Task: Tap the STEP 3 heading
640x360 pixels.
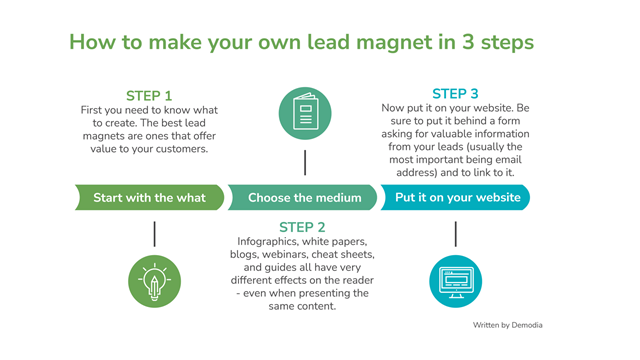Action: tap(455, 94)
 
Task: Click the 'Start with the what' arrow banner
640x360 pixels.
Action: tap(150, 197)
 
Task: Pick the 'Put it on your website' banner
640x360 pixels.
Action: tap(457, 197)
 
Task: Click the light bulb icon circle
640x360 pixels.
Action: tap(154, 281)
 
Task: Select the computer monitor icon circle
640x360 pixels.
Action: tap(455, 281)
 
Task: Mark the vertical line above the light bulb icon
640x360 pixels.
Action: tap(154, 234)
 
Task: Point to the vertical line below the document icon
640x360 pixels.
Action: tap(305, 162)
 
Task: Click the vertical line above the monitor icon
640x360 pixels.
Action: tap(455, 234)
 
